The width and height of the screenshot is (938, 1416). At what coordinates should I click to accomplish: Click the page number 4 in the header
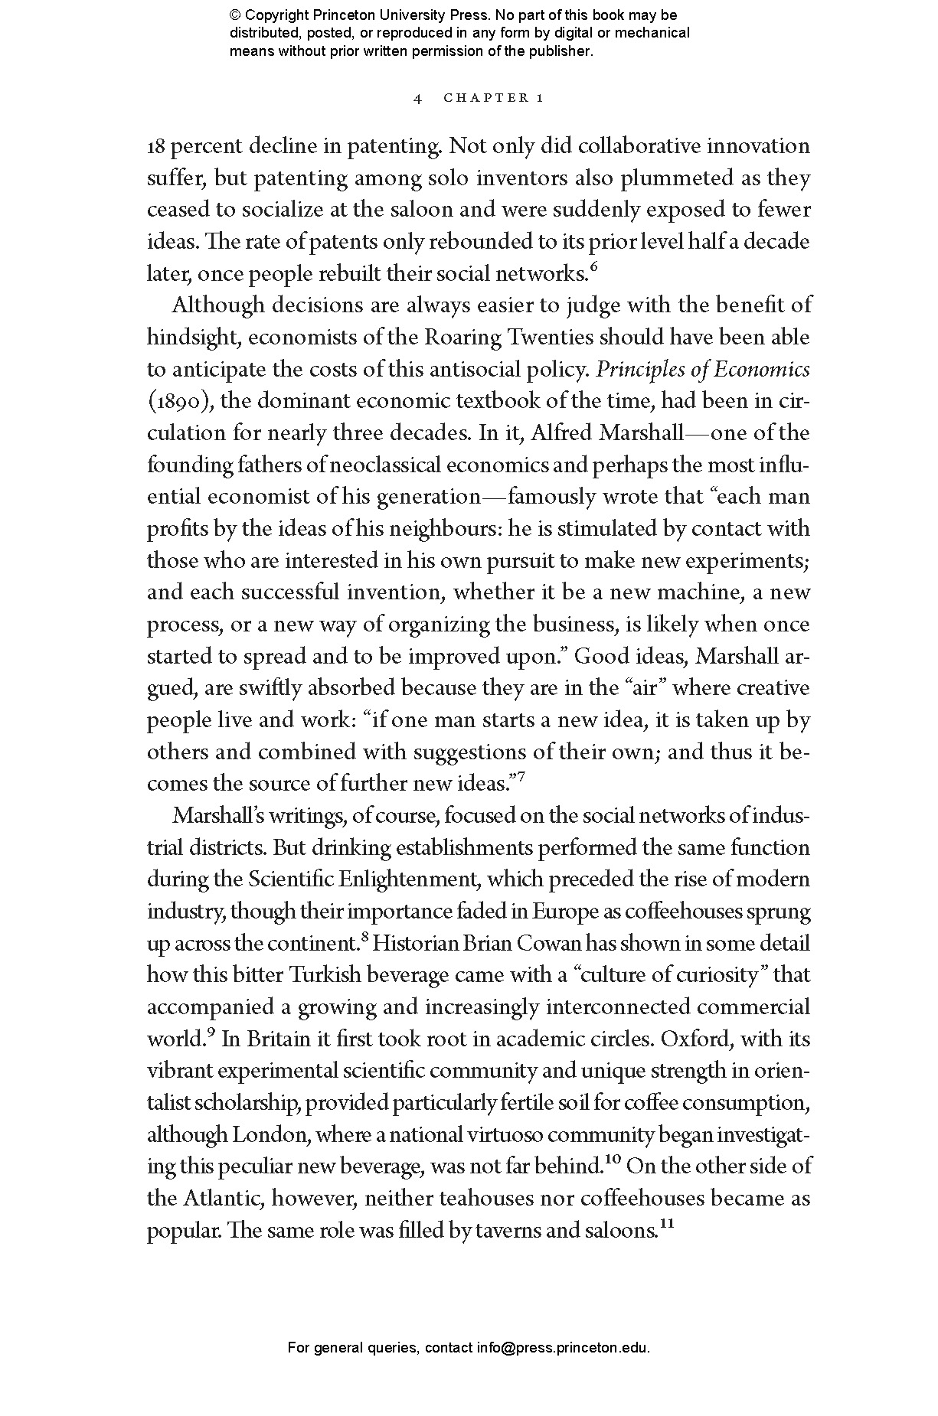417,98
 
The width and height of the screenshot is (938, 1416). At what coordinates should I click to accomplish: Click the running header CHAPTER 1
494,98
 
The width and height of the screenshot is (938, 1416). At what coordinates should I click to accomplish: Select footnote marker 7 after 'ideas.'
521,777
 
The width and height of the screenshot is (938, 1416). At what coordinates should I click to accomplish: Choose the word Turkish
328,975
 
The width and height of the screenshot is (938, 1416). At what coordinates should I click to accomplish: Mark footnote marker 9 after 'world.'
211,1033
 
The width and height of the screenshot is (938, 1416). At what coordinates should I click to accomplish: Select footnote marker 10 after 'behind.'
612,1161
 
